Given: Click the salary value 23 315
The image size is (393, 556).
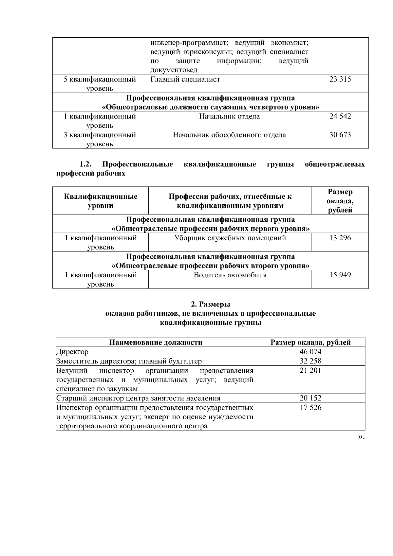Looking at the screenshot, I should pos(340,79).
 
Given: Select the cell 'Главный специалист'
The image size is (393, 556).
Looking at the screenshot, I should pos(185,79).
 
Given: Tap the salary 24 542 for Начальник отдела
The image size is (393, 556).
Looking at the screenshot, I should pos(340,116).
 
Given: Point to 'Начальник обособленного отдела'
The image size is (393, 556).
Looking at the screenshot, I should pos(229,135).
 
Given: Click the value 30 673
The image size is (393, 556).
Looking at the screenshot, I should pos(340,135).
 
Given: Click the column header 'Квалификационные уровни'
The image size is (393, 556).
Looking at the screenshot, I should pos(101,201).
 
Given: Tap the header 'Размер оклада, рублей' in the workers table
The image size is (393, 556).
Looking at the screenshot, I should pos(340,201).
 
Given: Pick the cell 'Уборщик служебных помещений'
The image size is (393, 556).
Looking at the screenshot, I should pos(230,238).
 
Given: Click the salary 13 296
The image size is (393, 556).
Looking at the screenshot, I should pos(340,238).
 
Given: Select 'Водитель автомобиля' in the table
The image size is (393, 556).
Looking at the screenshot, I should pos(230,275).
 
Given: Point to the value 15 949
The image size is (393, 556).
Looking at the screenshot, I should pos(340,275).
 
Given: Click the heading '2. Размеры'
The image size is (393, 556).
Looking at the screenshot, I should pos(210,305).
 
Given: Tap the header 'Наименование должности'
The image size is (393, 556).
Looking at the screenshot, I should pos(156,343).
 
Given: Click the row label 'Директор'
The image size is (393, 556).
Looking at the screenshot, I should pos(72,352).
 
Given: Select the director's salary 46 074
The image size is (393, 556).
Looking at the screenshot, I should pos(310,352).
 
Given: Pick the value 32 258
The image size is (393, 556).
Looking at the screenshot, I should pos(310,361).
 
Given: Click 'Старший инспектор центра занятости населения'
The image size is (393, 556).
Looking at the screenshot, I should pos(138,398).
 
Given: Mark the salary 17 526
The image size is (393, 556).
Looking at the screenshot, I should pos(310,408).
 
